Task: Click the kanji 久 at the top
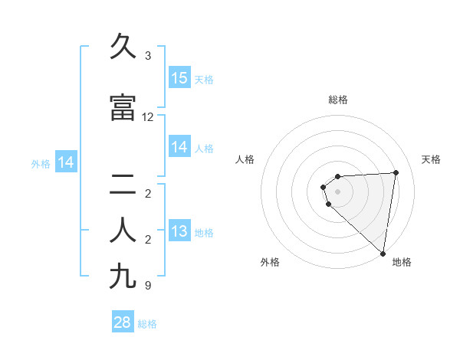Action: [x=123, y=47]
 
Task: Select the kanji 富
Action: [x=123, y=108]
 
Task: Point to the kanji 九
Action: [x=123, y=276]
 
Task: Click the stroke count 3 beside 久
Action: [x=148, y=56]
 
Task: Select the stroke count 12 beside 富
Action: [x=148, y=117]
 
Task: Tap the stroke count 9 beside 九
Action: [x=148, y=286]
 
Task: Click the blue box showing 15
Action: [x=179, y=78]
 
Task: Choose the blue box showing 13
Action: [x=179, y=232]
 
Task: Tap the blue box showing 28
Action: [x=123, y=322]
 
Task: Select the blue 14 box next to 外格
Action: [x=66, y=162]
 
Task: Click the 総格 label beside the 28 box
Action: [x=147, y=324]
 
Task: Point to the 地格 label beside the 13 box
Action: [x=204, y=233]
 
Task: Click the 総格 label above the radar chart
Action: [x=338, y=100]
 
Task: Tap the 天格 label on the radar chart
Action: [x=431, y=159]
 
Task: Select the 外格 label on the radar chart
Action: [x=270, y=262]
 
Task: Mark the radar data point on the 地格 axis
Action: [x=383, y=254]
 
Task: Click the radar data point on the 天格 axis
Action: [x=396, y=172]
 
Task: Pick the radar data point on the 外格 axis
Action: [x=329, y=204]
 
